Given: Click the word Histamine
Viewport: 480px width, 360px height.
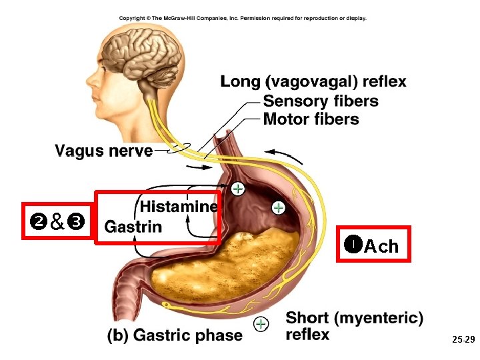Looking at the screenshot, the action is pos(179,207).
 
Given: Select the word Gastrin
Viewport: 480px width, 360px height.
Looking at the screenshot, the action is pos(133,227).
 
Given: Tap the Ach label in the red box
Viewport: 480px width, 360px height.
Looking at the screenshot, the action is pos(382,246).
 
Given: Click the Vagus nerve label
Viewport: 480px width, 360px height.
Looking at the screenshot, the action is pos(103,151).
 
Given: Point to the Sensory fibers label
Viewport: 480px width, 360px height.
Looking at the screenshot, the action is pos(321,101).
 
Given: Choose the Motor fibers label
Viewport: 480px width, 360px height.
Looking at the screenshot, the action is pos(311,119).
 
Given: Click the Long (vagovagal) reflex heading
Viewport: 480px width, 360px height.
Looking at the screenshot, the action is pos(313,82).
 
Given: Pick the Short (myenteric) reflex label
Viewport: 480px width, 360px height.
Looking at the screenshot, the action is pos(354,326).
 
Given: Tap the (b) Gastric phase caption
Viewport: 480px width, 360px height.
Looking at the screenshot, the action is pos(175,335).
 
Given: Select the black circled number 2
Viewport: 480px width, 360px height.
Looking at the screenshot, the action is pos(37,221).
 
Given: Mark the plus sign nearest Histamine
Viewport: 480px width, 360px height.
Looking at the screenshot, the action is pos(237,189).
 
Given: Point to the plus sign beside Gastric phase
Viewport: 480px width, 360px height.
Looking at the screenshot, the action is pos(261,324).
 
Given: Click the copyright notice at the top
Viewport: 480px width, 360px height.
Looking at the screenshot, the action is pos(243,18).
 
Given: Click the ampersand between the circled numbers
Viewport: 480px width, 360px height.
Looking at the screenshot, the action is pos(57,221).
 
